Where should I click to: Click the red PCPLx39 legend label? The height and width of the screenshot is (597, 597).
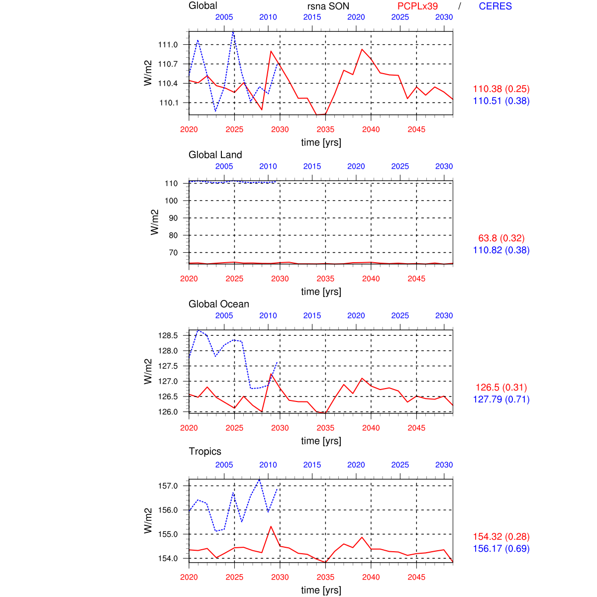[x=417, y=6]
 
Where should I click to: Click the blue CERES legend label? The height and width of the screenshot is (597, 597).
[x=495, y=6]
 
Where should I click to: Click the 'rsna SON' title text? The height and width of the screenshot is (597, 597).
[x=328, y=6]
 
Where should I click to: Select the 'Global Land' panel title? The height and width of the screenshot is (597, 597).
[x=215, y=155]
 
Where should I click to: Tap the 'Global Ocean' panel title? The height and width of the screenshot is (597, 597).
[x=218, y=304]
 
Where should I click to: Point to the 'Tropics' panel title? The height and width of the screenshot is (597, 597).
[x=205, y=451]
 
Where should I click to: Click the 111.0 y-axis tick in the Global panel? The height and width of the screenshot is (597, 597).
[x=168, y=45]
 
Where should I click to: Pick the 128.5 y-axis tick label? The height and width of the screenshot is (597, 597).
[x=168, y=335]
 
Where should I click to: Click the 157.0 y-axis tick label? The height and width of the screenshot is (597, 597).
[x=168, y=486]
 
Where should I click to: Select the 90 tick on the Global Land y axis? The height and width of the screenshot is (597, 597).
[x=173, y=218]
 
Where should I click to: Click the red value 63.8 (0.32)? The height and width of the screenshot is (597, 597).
[x=501, y=238]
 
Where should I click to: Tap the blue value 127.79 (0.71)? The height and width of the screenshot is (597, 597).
[x=501, y=399]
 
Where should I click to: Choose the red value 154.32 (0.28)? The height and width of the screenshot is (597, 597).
[x=501, y=537]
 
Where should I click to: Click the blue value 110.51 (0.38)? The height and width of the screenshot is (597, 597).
[x=501, y=101]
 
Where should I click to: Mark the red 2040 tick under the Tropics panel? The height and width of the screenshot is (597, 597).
[x=371, y=577]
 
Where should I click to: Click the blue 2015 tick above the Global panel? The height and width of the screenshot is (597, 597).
[x=312, y=17]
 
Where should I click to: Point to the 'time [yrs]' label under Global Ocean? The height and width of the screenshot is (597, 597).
[x=321, y=441]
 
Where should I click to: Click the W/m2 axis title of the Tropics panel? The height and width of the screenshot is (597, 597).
[x=148, y=520]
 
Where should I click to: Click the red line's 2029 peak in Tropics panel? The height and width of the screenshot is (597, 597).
[x=271, y=526]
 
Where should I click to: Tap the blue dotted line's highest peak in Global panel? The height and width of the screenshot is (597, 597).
[x=233, y=32]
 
